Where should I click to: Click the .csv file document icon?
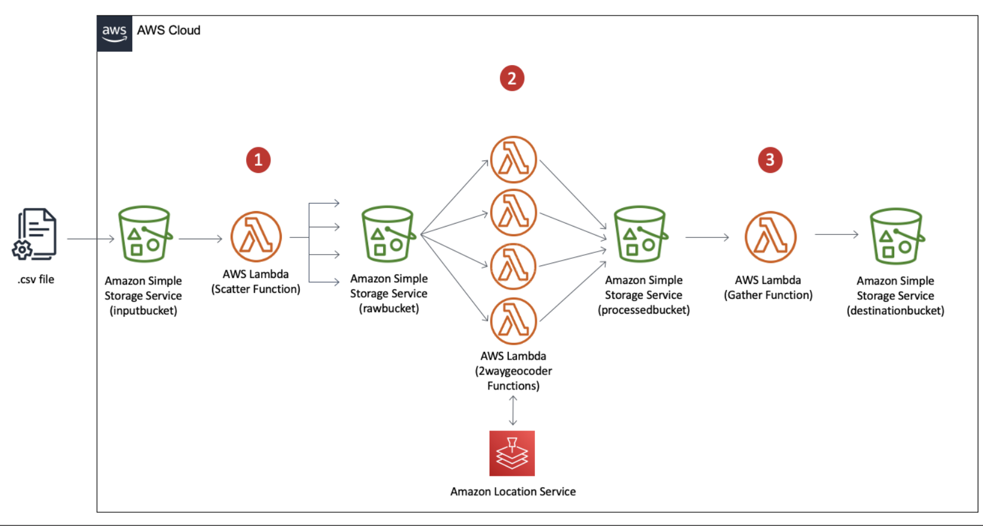click(35, 234)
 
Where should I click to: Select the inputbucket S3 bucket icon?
click(144, 234)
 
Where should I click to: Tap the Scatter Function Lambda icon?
click(256, 237)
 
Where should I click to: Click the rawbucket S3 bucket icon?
click(388, 234)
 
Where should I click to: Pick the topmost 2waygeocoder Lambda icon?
click(513, 159)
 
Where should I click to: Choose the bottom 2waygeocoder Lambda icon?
click(513, 321)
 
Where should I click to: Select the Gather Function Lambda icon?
click(770, 237)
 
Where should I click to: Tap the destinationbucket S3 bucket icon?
click(896, 236)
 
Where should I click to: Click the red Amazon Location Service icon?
click(512, 453)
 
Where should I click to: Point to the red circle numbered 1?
click(258, 160)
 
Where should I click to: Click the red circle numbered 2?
click(512, 78)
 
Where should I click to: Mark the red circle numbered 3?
click(770, 160)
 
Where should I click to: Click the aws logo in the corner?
click(114, 34)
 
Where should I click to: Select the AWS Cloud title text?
click(169, 30)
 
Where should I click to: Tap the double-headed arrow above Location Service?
click(513, 410)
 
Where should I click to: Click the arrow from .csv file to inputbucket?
click(91, 239)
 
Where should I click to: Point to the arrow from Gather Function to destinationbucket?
click(836, 235)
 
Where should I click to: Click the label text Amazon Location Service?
click(513, 492)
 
